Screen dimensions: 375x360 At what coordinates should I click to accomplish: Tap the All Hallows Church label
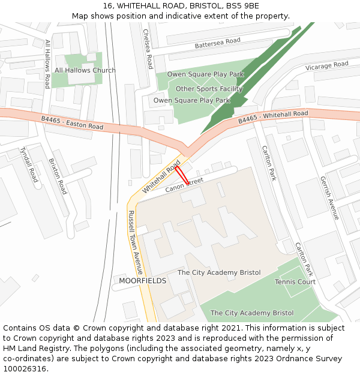[x=85, y=70]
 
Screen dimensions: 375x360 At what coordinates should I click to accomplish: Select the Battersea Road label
[x=217, y=43]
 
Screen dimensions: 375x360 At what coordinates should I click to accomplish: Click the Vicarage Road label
[x=326, y=65]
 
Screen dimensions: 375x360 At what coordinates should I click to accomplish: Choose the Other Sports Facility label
[x=209, y=89]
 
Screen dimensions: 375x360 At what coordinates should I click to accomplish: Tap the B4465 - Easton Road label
[x=72, y=123]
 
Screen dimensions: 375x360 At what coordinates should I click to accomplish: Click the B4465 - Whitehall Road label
[x=273, y=117]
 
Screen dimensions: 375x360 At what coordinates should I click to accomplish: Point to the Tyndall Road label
[x=29, y=164]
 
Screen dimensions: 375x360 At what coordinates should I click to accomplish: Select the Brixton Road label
[x=57, y=176]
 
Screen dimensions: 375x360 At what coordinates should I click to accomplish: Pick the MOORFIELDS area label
[x=142, y=281]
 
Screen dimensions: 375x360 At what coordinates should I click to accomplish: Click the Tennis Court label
[x=295, y=282]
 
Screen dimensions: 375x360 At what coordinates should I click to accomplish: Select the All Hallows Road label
[x=47, y=64]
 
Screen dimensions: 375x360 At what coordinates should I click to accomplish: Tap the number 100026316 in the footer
[x=25, y=369]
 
